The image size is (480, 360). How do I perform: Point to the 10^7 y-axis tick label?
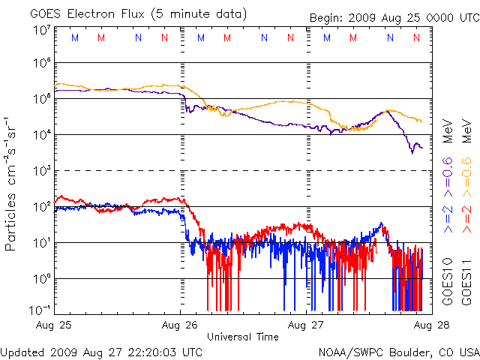[x=41, y=29]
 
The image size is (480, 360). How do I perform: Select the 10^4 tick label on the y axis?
[x=41, y=135]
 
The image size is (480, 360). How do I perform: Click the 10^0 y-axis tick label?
[x=41, y=278]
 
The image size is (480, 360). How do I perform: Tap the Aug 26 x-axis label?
[x=180, y=325]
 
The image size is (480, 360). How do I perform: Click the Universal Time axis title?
[x=243, y=337]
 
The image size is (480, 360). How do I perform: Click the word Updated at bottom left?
[x=22, y=351]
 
